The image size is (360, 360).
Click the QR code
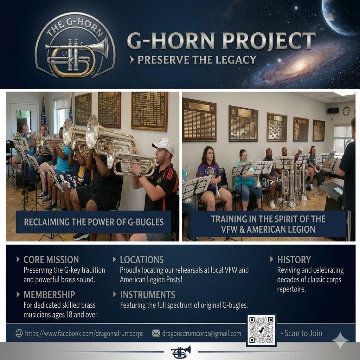[261, 330]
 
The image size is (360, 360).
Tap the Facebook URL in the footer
[84, 333]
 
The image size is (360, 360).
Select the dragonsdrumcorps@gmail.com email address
[201, 333]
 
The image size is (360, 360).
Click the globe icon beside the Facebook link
[19, 333]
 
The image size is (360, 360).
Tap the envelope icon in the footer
[156, 333]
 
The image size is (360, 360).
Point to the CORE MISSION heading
[51, 260]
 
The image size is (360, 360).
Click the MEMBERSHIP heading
[49, 295]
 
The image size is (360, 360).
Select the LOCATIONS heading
[142, 260]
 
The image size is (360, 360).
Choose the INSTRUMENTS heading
[148, 295]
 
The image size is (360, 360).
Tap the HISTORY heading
[294, 260]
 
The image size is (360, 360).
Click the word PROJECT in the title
[269, 41]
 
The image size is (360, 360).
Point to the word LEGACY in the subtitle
[236, 60]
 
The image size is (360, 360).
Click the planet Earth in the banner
[341, 16]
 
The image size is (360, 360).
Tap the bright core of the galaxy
[300, 66]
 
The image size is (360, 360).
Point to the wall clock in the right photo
[346, 111]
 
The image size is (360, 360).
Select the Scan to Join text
[301, 333]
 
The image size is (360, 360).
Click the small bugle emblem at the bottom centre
[181, 352]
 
